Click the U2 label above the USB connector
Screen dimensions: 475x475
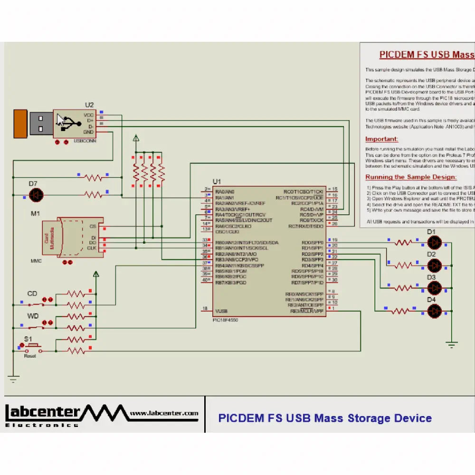coord(89,104)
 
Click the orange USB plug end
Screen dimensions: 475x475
coord(20,123)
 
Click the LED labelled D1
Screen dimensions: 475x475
coord(434,243)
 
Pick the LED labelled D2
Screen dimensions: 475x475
coord(434,265)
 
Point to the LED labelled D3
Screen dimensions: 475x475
coord(434,288)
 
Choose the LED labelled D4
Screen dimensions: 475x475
coord(434,311)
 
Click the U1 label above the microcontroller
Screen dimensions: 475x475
coord(217,181)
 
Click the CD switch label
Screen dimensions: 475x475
coord(32,294)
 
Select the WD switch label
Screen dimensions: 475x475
coord(33,316)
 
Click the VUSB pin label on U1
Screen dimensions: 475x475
coord(221,312)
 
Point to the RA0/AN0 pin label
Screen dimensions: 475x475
coord(225,191)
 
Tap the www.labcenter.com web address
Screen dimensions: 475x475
coord(164,414)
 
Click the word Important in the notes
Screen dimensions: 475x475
coord(381,139)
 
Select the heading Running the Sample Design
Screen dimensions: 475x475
coord(411,177)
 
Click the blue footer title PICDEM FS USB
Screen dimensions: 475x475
coord(324,418)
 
